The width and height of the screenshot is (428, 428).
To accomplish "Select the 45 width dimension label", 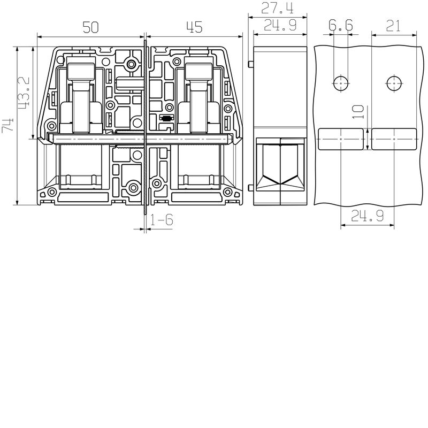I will pos(194,26).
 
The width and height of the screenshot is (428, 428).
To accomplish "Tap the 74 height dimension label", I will pos(8,126).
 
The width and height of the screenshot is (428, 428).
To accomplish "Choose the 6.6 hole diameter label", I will pos(341,26).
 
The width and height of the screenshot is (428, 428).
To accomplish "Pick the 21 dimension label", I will pos(393,26).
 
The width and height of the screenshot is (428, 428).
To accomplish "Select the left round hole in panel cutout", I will pos(341,83).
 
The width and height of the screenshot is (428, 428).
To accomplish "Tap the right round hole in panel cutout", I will pos(394,83).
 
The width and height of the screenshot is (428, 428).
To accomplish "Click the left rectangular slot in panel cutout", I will pos(341,139).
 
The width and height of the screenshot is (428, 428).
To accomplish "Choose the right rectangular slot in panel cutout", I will pos(394,139).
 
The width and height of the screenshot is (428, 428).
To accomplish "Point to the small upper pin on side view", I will pos(250,65).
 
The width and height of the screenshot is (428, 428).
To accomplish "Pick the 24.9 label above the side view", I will pos(280,26).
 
